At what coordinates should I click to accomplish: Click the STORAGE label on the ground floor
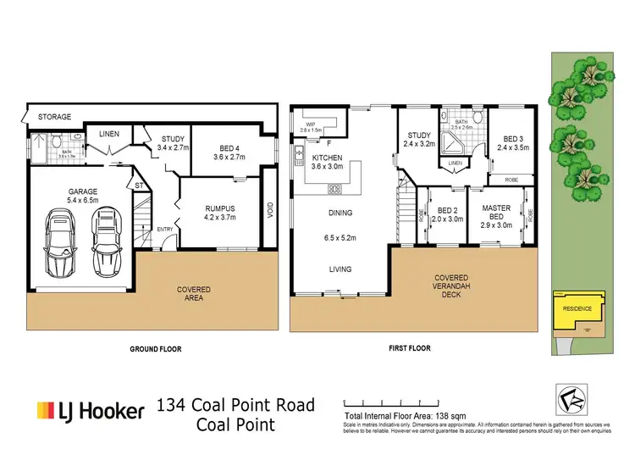[x=53, y=116]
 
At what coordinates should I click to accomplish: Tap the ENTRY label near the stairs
[x=165, y=230]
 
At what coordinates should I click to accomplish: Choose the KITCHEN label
[x=327, y=163]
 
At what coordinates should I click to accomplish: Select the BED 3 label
[x=515, y=144]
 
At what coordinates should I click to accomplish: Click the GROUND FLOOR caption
[x=155, y=348]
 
